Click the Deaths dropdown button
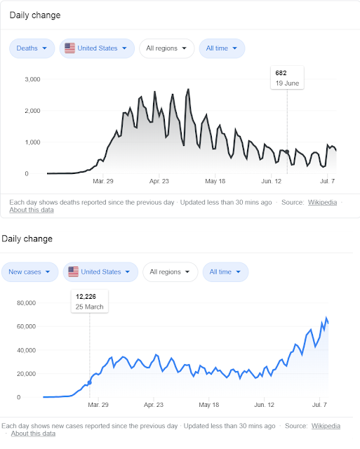tap(32, 48)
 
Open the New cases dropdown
tap(29, 272)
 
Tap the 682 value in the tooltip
tap(281, 73)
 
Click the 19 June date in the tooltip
tap(287, 83)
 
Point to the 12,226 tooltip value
tap(86, 297)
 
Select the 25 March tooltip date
tap(89, 307)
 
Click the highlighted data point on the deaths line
tap(287, 152)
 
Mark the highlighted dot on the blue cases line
tap(90, 382)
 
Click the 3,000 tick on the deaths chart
tap(32, 79)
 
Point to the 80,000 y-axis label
tap(27, 303)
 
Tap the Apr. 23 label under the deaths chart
tap(159, 181)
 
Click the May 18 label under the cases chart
tap(209, 405)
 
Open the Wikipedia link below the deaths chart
tap(323, 203)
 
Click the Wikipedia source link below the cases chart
tap(326, 426)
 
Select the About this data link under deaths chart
tap(32, 210)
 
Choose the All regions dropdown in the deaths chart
tap(167, 48)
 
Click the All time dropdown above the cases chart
tap(225, 272)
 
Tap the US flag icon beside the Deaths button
tap(69, 48)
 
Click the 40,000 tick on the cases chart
tap(27, 350)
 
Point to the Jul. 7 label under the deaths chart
tap(327, 181)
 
